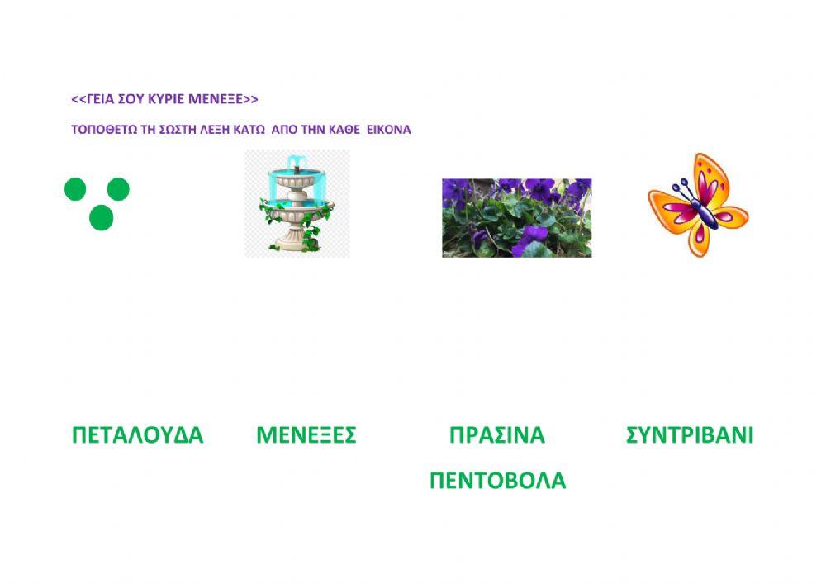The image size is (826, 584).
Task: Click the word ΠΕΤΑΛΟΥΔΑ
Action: pyautogui.click(x=137, y=435)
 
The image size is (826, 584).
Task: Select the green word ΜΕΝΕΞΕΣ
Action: pyautogui.click(x=306, y=435)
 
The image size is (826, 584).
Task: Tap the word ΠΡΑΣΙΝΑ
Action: pyautogui.click(x=497, y=435)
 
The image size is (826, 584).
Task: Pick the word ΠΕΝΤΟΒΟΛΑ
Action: pyautogui.click(x=497, y=481)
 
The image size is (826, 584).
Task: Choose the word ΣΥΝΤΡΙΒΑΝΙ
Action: pyautogui.click(x=690, y=435)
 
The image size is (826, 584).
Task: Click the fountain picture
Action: pyautogui.click(x=297, y=203)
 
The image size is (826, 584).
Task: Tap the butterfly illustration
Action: pyautogui.click(x=698, y=204)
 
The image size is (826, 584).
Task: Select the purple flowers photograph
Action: pyautogui.click(x=516, y=217)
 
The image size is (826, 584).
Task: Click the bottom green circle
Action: pyautogui.click(x=101, y=218)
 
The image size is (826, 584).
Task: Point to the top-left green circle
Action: pyautogui.click(x=75, y=189)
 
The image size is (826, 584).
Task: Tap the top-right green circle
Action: pyautogui.click(x=119, y=189)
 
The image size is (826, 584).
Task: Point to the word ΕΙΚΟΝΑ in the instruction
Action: pyautogui.click(x=388, y=130)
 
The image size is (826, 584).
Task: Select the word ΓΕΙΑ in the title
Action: pyautogui.click(x=99, y=99)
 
